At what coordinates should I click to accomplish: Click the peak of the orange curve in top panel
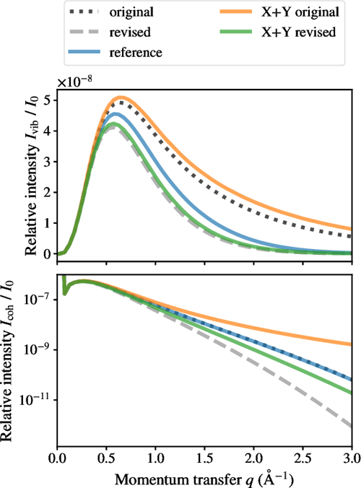tap(120, 97)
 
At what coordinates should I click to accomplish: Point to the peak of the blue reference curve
tap(116, 113)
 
